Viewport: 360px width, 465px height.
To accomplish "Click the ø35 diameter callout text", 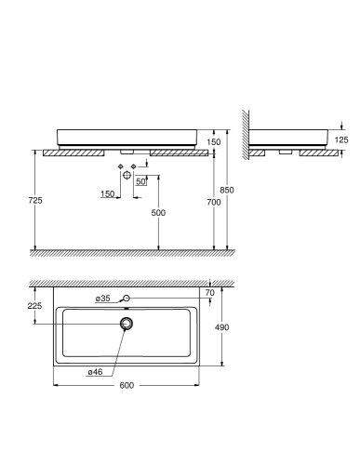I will pos(103,298).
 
